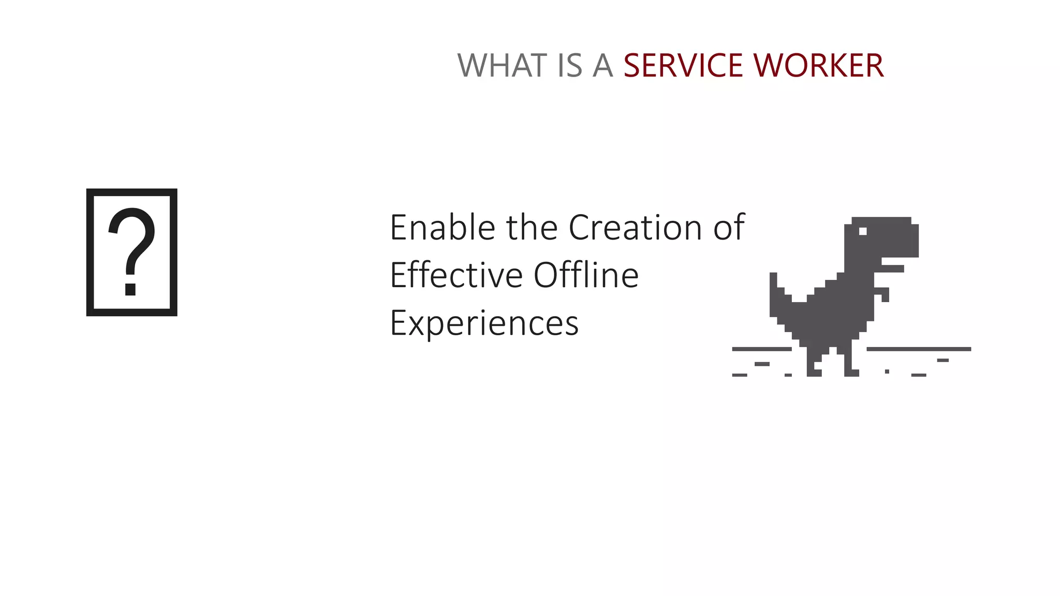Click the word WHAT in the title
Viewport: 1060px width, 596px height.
coord(502,66)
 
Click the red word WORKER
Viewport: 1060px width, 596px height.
coord(819,66)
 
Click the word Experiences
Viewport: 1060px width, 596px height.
coord(484,323)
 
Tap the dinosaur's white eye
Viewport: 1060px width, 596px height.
coord(863,231)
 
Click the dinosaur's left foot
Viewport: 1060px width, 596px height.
coord(814,370)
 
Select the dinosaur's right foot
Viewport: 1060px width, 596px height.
coord(851,370)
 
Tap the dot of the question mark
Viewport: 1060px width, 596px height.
coord(130,289)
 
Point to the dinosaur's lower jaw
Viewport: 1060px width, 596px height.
coord(893,269)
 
